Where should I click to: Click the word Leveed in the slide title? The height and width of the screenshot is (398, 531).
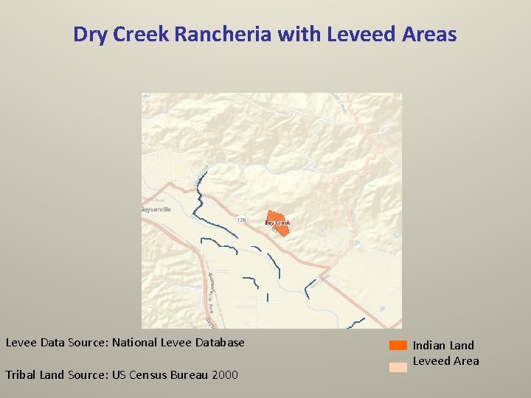346,34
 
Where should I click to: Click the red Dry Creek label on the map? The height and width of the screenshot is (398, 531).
278,222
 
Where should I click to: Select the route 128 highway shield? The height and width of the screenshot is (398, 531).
242,220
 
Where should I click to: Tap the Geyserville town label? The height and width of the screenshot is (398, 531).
156,209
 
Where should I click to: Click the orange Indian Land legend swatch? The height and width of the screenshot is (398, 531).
398,345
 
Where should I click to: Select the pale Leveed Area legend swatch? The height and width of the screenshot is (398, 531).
398,367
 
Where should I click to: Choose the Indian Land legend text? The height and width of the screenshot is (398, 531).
443,345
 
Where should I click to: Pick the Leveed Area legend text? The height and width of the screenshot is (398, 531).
445,361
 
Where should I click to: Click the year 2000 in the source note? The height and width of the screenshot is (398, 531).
225,374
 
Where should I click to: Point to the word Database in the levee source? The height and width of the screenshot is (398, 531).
218,342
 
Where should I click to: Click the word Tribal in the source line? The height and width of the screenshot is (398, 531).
20,374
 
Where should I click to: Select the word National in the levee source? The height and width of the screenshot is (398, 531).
136,342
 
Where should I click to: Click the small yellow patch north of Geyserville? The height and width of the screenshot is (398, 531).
179,170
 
